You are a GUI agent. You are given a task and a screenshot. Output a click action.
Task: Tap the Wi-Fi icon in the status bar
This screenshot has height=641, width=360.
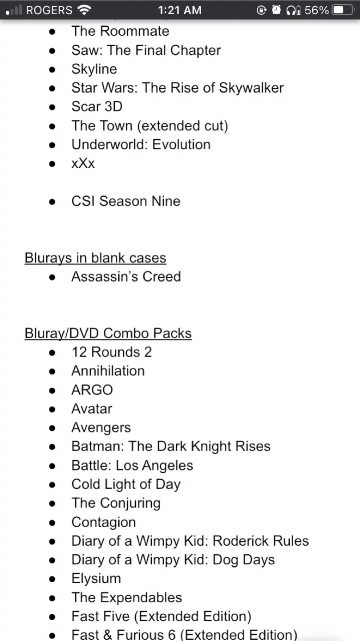(84, 10)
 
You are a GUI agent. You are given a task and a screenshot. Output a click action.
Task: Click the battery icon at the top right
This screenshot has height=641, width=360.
(343, 10)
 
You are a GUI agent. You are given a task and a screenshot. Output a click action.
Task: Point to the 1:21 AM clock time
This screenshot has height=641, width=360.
(180, 10)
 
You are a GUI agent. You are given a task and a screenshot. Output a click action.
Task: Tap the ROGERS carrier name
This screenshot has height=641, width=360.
(49, 10)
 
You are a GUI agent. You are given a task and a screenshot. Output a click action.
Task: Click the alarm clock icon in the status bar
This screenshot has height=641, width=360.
(276, 10)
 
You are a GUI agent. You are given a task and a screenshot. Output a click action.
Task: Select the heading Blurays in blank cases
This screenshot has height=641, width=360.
(95, 258)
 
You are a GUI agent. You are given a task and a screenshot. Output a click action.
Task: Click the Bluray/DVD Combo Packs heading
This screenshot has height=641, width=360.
(108, 333)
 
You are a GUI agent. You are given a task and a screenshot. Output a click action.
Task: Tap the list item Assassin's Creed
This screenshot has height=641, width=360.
(126, 276)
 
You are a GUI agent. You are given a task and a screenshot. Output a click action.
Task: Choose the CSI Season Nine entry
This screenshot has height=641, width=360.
(126, 201)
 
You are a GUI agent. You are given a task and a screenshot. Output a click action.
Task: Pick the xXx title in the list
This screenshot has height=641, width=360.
(83, 163)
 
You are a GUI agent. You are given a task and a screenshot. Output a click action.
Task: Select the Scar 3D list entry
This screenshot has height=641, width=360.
(97, 106)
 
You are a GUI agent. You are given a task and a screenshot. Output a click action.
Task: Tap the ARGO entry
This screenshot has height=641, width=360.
(92, 390)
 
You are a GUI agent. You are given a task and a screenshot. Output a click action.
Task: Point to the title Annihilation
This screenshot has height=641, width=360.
(108, 371)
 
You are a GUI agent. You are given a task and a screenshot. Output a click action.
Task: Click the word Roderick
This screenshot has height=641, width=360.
(240, 541)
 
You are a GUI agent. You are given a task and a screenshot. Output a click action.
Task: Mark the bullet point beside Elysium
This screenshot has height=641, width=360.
(52, 579)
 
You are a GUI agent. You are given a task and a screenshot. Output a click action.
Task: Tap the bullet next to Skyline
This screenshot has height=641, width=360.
(52, 69)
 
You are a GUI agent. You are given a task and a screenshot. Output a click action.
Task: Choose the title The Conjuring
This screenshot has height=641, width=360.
(116, 503)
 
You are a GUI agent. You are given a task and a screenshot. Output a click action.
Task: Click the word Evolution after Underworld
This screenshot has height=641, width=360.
(182, 144)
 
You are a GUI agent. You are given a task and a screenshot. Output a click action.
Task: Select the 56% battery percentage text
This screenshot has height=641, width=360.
(316, 10)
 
